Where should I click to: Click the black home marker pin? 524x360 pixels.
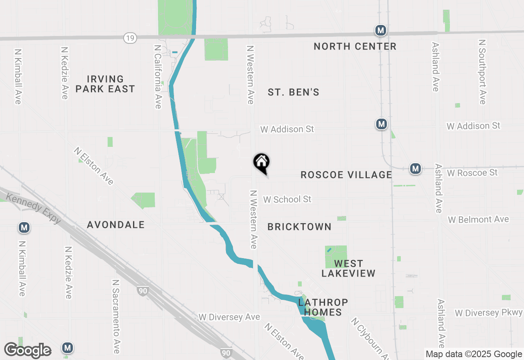click(x=261, y=163)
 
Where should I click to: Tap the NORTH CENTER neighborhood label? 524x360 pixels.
click(x=355, y=47)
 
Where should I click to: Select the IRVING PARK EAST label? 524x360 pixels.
click(x=105, y=84)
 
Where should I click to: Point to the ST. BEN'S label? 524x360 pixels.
click(x=294, y=92)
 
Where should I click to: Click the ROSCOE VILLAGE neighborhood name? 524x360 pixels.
click(x=346, y=175)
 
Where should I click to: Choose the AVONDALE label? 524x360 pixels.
click(x=116, y=225)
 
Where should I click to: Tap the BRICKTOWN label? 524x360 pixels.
click(x=299, y=227)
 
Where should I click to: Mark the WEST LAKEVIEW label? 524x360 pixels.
click(x=348, y=268)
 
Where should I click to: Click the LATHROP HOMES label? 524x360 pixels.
click(x=323, y=307)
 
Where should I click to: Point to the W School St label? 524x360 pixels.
click(x=287, y=199)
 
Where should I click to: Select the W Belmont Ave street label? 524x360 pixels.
click(x=478, y=220)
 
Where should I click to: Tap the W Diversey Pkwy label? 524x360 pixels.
click(x=489, y=313)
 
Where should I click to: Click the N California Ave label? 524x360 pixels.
click(x=158, y=76)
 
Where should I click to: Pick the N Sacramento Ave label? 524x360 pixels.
click(x=116, y=316)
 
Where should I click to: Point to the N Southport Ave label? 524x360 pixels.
click(x=482, y=72)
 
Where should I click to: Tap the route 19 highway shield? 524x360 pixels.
click(x=130, y=38)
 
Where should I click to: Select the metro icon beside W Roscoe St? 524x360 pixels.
click(x=416, y=169)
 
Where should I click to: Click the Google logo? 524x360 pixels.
click(x=28, y=350)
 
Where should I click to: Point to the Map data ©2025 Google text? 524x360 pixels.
click(x=474, y=354)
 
